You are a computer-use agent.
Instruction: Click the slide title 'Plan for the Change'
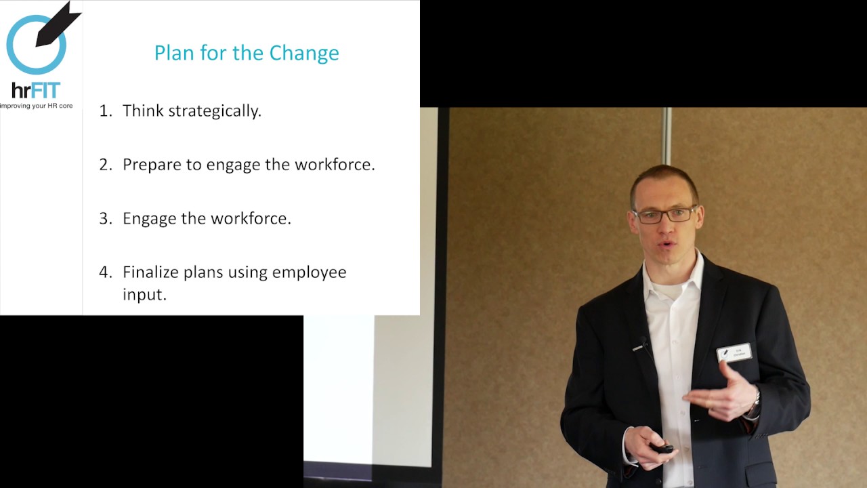point(247,53)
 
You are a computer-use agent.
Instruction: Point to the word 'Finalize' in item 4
point(150,272)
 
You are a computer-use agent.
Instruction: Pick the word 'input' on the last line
point(143,294)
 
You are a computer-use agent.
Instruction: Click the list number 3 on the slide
point(104,218)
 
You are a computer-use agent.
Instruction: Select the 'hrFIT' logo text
point(36,90)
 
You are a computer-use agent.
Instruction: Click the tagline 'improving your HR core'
point(37,106)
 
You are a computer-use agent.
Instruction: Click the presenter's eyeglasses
point(664,216)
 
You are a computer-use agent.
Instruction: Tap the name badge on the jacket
point(734,353)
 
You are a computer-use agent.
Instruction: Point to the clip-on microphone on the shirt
point(641,346)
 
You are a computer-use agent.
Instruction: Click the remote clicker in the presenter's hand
point(660,448)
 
